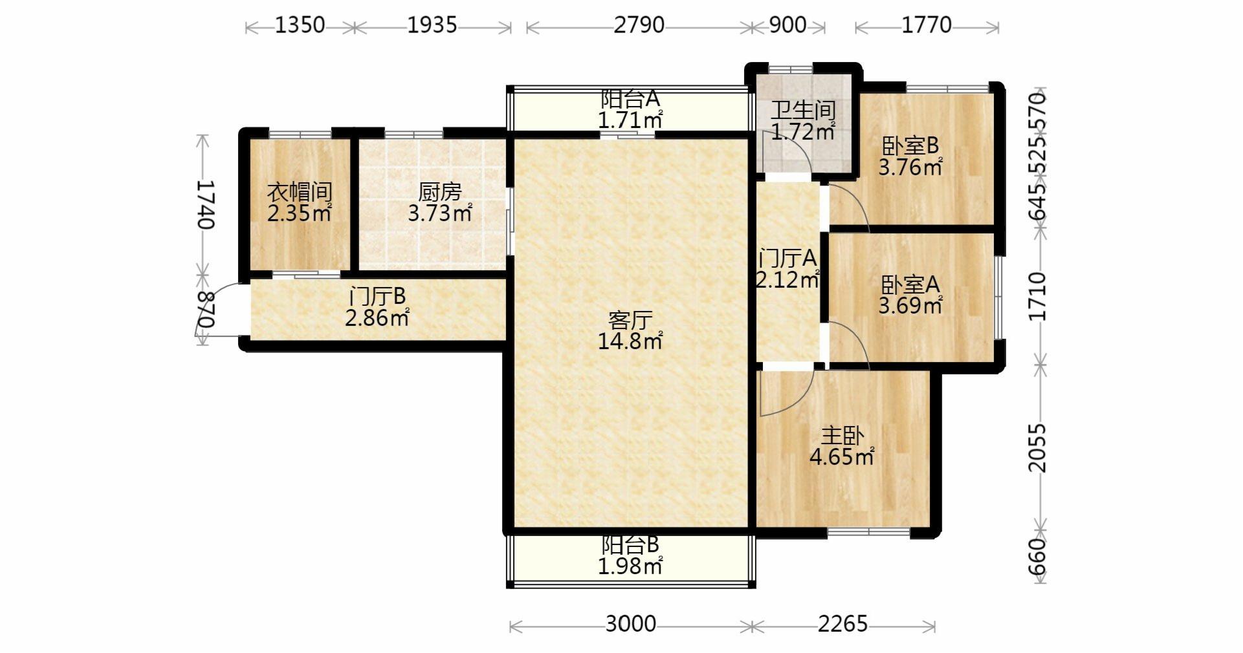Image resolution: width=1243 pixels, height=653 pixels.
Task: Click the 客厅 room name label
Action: pos(630,320)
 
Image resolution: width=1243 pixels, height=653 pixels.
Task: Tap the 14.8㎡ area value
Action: pos(630,341)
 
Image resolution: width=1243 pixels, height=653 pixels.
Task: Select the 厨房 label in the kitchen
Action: pos(440,192)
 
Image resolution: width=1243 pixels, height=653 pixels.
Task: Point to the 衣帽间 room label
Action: pos(300,192)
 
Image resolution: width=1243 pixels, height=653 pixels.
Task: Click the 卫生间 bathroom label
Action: pos(803,111)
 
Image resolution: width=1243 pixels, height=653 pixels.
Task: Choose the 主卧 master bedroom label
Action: pos(842,436)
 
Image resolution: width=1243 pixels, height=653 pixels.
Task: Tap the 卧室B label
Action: pos(910,146)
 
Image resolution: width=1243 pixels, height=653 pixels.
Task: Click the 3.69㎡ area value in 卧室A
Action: pos(910,305)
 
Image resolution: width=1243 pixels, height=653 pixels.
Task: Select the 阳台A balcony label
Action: pos(630,99)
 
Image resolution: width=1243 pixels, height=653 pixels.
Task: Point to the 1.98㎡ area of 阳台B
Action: pos(630,566)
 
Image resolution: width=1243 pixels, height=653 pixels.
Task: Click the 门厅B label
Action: pos(377,297)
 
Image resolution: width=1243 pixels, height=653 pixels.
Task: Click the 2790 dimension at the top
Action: pos(639,25)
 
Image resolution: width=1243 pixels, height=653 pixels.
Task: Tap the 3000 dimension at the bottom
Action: pos(631,624)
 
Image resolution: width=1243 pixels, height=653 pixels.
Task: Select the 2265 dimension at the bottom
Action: pos(842,624)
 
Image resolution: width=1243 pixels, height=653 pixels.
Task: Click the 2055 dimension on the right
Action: pos(1037,448)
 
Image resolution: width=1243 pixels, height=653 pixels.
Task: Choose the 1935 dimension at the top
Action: pos(432,25)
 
